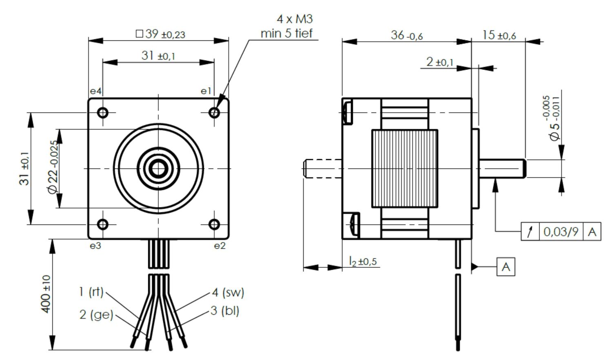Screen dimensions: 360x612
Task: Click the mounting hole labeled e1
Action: [215, 112]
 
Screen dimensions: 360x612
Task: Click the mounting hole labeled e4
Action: [103, 112]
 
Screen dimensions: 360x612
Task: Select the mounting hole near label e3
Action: [103, 224]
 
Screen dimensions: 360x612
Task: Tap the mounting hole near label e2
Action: [215, 224]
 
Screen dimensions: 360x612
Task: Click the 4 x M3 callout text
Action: [295, 19]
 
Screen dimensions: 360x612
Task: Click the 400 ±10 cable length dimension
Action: [46, 294]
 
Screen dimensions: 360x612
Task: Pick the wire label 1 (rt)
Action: [91, 292]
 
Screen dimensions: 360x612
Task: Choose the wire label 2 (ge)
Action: [96, 314]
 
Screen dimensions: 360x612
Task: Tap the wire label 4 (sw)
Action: [228, 292]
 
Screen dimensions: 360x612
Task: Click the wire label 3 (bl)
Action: [225, 311]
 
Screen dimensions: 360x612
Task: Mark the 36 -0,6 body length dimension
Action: [406, 36]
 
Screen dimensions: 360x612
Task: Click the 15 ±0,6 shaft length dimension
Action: [499, 36]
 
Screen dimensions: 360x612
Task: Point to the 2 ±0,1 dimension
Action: [439, 62]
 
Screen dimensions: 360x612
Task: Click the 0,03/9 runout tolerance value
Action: [561, 232]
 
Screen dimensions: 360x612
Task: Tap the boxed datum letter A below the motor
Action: [506, 267]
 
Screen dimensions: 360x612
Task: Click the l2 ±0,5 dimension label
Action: [362, 261]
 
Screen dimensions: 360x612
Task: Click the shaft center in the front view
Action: [158, 168]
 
